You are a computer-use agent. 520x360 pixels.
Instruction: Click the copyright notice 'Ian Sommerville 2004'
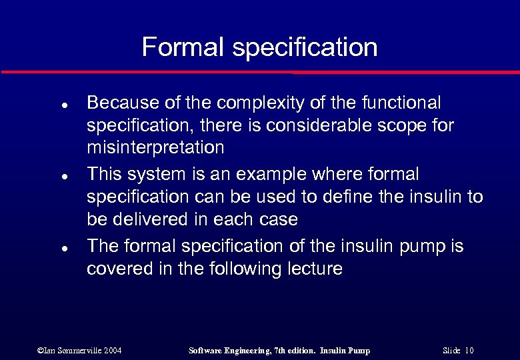click(x=79, y=351)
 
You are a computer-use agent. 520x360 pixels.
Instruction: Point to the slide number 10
click(x=469, y=351)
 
